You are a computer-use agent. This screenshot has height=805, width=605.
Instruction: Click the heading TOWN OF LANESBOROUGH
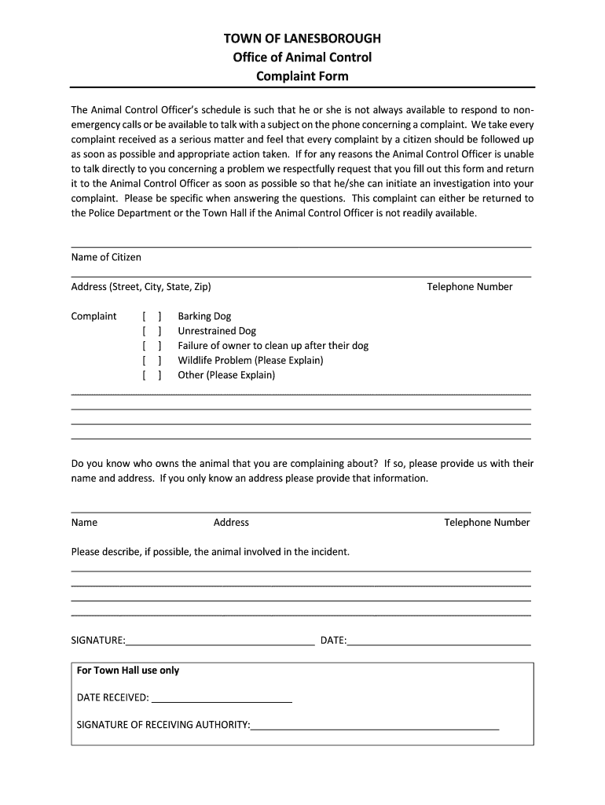pos(302,38)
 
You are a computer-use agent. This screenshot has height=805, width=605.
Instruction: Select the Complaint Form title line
pos(302,76)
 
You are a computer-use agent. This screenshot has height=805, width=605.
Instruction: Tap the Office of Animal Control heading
pos(302,57)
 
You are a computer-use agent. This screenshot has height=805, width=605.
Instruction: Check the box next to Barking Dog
pos(152,316)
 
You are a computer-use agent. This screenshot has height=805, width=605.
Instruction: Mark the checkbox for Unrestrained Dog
pos(152,331)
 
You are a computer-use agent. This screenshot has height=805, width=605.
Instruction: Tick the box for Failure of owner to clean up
pos(152,346)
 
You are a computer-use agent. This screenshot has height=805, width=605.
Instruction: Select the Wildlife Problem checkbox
pos(152,360)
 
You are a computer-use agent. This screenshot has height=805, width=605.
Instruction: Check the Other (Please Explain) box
pos(152,375)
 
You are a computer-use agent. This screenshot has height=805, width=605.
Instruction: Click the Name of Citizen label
pos(106,257)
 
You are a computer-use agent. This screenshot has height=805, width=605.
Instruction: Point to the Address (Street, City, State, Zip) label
pos(141,287)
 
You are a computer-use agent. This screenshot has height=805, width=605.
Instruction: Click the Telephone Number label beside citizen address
pos(469,287)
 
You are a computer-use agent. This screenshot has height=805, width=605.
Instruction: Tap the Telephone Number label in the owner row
pos(486,523)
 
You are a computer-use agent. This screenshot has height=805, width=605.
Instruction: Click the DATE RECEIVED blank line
pos(221,697)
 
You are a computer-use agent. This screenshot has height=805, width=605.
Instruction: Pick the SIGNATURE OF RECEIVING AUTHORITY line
pos(375,725)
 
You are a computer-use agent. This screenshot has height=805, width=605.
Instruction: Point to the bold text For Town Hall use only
pos(128,671)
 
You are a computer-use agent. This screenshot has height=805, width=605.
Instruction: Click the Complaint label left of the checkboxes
pos(93,316)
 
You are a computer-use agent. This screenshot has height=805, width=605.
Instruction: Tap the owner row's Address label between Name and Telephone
pos(231,523)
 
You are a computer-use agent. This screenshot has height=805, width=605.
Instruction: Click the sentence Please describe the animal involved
pos(210,552)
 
